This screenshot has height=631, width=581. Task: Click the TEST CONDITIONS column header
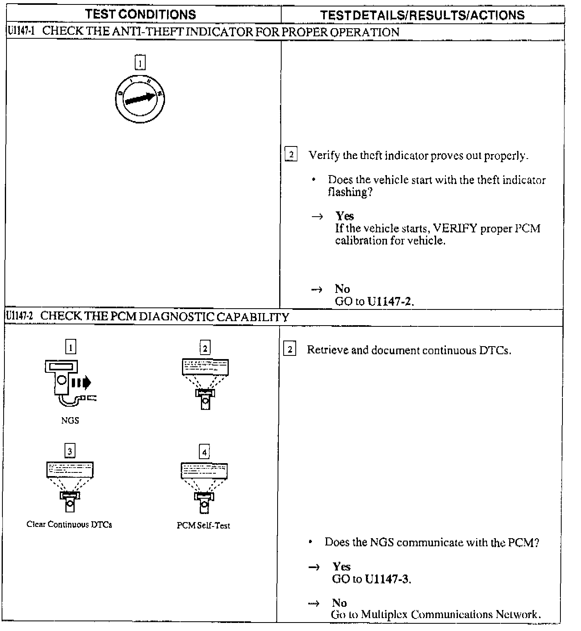[x=140, y=15]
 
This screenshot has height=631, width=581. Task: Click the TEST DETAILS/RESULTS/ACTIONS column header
[x=422, y=15]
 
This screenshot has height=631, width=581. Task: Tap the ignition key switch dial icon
[x=140, y=98]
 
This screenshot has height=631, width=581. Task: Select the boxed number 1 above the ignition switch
[x=140, y=63]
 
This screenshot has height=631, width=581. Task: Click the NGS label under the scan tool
[x=70, y=420]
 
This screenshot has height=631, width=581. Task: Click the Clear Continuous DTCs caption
[x=69, y=524]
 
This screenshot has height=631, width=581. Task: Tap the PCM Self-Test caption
[x=203, y=525]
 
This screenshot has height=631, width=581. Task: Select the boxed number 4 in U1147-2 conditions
[x=204, y=452]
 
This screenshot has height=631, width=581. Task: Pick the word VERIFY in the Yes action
[x=455, y=229]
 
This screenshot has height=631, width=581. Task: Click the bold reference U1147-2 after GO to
[x=391, y=301]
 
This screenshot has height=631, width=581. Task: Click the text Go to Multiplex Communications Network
[x=435, y=614]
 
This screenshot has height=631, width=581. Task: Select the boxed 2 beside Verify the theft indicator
[x=291, y=155]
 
